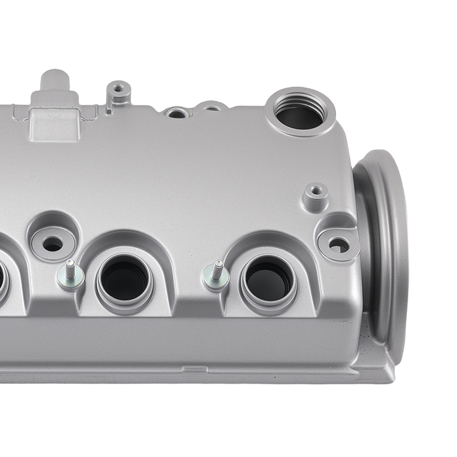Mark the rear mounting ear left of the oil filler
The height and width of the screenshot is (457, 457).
(211, 107)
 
